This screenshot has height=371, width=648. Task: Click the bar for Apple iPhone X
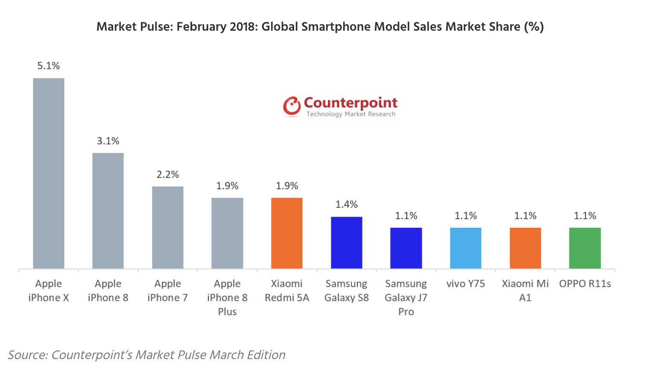(x=49, y=173)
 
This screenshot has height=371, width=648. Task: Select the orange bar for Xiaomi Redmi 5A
(x=287, y=233)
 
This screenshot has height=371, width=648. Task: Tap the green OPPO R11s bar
(x=585, y=248)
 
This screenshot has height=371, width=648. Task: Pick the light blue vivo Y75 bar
(x=465, y=248)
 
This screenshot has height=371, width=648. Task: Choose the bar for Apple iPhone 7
(x=168, y=227)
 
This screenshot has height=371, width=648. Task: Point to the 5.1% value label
(x=49, y=66)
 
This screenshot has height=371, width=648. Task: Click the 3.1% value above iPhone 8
(x=108, y=141)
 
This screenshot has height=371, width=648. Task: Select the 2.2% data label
(x=168, y=174)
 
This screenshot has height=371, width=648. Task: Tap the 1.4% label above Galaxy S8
(x=347, y=205)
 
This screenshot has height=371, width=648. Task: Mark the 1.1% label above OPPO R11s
(x=585, y=216)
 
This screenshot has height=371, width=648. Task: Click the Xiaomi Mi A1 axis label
(x=525, y=290)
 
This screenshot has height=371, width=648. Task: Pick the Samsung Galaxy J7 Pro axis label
(x=406, y=297)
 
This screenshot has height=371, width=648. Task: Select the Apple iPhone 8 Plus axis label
(x=227, y=297)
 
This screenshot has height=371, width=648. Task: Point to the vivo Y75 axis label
(x=465, y=284)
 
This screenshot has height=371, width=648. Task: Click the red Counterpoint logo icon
(x=292, y=106)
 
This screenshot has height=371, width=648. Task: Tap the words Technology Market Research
(x=351, y=114)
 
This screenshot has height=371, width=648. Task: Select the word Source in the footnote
(x=27, y=355)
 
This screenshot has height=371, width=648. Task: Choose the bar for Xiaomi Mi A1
(x=525, y=248)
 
